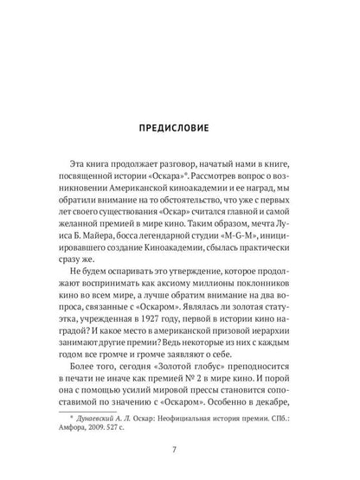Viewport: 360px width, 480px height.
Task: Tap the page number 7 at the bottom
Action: tap(180, 452)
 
